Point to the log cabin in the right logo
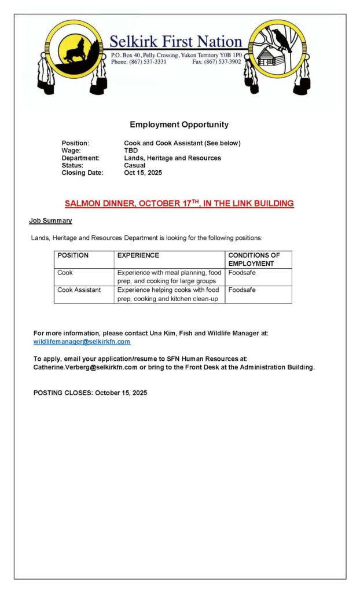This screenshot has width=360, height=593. [266, 57]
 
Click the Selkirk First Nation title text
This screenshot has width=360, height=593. [175, 42]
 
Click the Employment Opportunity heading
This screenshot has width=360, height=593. [179, 125]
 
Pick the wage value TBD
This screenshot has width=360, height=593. [131, 151]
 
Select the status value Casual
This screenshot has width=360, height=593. [134, 165]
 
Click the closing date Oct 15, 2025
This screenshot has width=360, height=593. [143, 173]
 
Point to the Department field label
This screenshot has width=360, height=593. [80, 158]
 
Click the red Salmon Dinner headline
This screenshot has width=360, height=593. [179, 204]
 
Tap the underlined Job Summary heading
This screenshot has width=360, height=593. [50, 221]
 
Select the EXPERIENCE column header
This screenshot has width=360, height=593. [138, 255]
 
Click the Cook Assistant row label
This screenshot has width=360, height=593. [79, 290]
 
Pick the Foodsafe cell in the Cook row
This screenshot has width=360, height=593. [242, 273]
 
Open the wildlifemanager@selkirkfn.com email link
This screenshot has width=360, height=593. [82, 342]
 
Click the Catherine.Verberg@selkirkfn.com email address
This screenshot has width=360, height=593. [85, 367]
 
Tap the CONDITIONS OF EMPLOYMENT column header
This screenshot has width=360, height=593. [254, 259]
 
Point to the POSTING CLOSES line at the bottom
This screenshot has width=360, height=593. [90, 393]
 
